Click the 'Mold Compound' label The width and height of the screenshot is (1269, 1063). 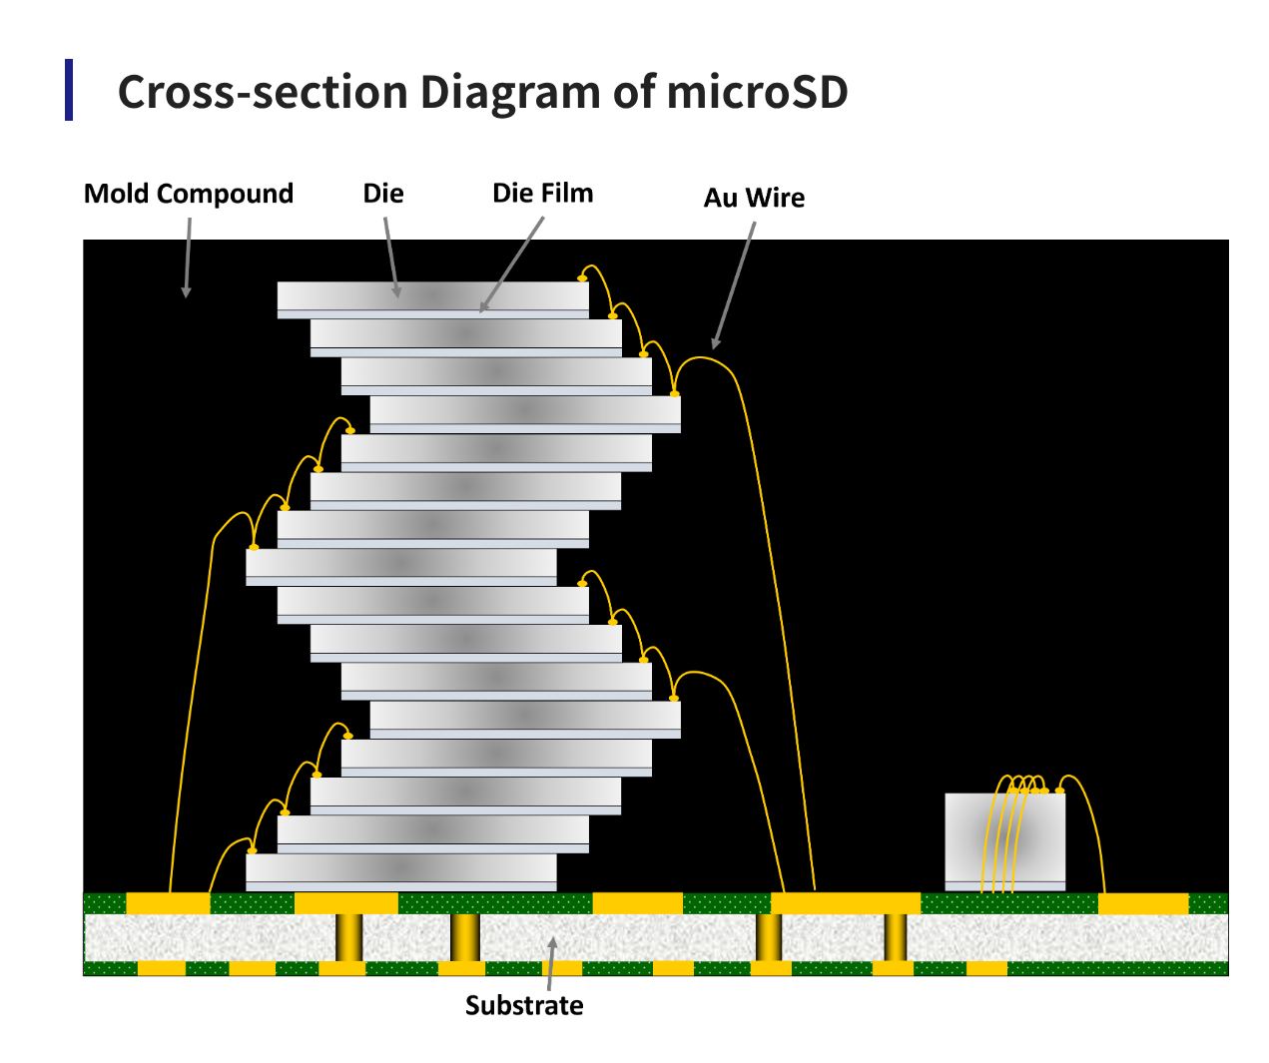point(188,193)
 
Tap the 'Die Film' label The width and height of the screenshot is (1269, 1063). point(542,193)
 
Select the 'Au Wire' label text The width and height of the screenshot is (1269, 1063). point(754,198)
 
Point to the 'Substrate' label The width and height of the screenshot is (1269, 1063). point(524,1005)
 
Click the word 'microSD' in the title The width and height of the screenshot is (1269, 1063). point(757,92)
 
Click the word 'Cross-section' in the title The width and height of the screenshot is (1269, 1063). point(263,92)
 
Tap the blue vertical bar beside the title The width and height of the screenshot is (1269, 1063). point(69,90)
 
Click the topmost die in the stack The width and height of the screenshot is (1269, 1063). point(432,296)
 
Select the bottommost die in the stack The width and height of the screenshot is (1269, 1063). point(400,868)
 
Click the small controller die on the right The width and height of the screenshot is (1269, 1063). point(1004,837)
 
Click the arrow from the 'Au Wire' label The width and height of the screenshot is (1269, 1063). point(734,284)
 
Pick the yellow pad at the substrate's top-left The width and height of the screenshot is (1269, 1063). point(168,903)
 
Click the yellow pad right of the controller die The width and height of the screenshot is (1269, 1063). point(1143,903)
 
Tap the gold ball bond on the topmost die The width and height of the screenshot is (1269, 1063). point(582,277)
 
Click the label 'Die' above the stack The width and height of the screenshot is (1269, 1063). point(383,193)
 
